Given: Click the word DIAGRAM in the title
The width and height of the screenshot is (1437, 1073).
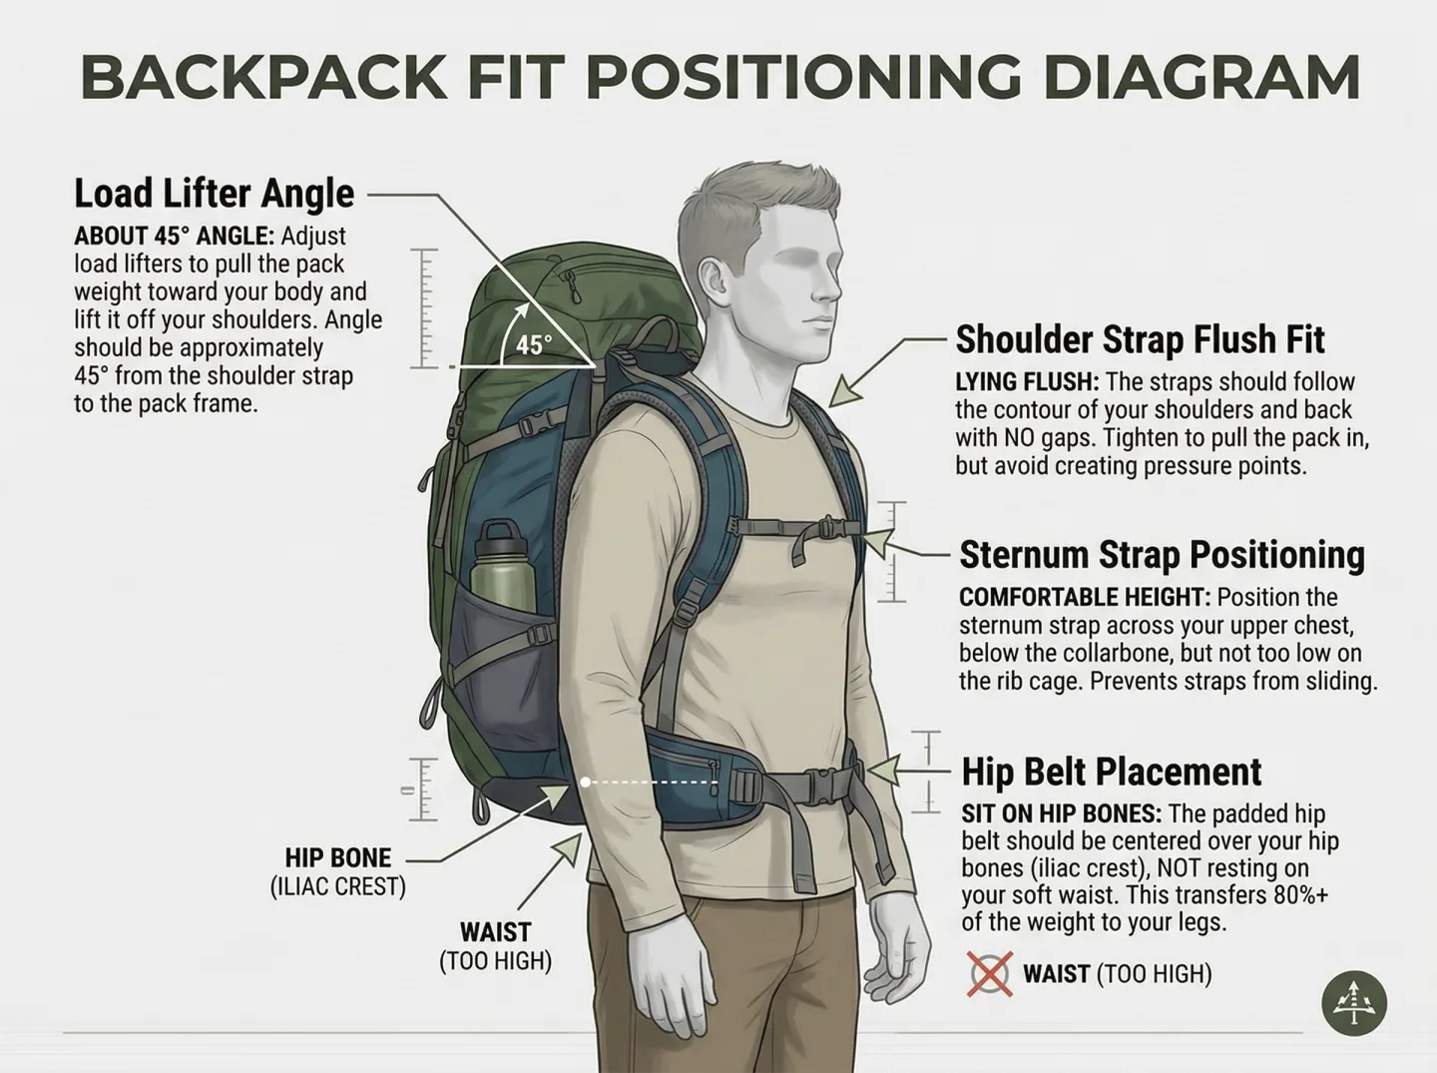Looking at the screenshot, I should (1201, 76).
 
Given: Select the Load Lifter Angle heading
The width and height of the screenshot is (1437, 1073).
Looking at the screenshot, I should (214, 193).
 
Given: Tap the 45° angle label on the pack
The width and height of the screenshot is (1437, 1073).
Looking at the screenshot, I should (533, 345).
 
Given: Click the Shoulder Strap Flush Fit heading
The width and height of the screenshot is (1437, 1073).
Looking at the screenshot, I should (1140, 339).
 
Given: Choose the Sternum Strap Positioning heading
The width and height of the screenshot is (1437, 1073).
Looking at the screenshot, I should (1162, 555).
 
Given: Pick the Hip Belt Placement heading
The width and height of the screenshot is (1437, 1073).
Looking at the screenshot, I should (1111, 772).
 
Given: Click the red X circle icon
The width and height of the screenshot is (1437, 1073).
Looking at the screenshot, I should (989, 973).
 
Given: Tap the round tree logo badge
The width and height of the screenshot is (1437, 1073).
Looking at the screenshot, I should (1354, 1002).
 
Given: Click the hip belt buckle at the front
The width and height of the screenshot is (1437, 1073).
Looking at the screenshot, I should (820, 783).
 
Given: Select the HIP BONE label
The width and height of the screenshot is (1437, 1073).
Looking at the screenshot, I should (337, 857).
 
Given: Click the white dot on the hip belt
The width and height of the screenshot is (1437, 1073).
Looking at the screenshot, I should (586, 783).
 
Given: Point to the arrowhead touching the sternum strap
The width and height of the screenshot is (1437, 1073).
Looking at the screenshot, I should (876, 542).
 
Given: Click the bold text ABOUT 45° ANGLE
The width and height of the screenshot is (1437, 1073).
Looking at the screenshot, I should (173, 237).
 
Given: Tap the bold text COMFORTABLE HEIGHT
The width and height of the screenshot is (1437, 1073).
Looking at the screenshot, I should (1084, 598).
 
